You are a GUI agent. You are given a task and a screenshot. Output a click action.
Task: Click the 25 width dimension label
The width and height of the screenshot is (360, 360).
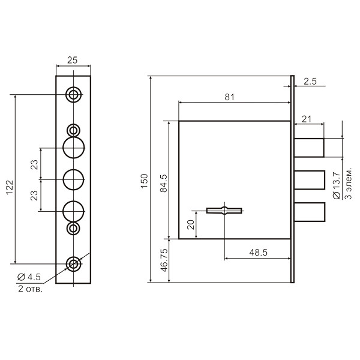(x=73, y=61)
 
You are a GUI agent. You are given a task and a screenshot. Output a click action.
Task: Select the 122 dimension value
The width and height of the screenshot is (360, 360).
(x=10, y=187)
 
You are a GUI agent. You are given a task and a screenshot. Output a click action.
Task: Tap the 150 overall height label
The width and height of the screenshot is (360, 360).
(x=145, y=181)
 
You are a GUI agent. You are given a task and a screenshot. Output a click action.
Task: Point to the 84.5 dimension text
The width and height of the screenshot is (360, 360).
(x=164, y=183)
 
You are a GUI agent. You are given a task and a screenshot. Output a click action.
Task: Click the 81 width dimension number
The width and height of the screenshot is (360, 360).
(x=229, y=97)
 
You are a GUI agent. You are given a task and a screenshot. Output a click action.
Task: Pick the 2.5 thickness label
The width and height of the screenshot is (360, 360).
(x=310, y=82)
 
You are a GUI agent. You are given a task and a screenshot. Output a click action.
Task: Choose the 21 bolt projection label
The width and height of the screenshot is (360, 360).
(x=307, y=119)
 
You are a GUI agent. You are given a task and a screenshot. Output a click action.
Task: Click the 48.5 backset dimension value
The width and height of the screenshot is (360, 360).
(x=258, y=253)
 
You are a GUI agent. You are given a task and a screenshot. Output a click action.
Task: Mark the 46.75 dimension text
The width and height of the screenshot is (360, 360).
(x=164, y=260)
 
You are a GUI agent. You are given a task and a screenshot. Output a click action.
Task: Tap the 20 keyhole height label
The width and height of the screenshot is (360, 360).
(x=191, y=225)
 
